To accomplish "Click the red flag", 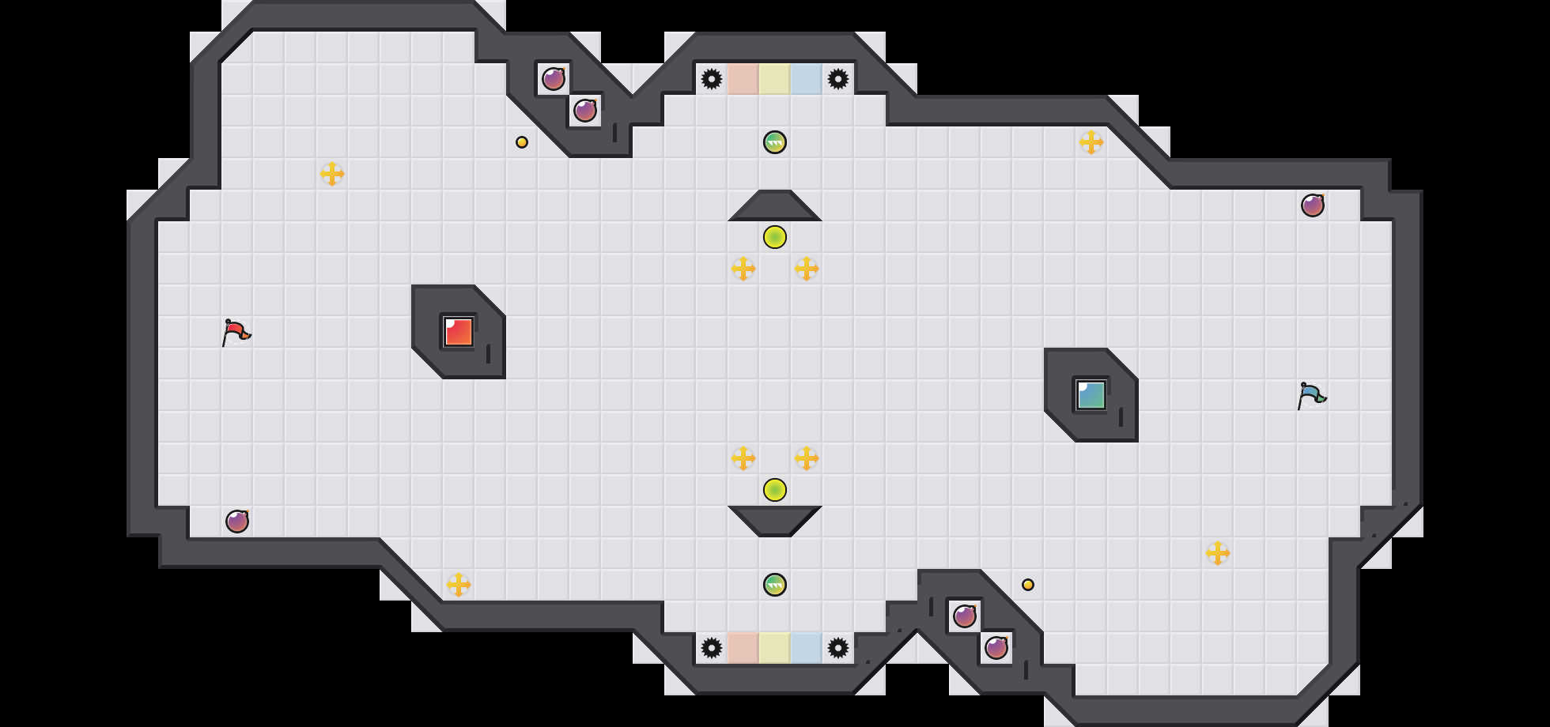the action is pos(236,332).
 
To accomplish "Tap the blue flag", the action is pos(1311,395).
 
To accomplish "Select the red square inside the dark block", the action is pos(459,332).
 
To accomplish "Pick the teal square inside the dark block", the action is pos(1091,395).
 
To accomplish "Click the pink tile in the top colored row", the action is pos(743,79).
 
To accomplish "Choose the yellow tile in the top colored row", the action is pos(775,79).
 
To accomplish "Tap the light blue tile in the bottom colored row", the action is pos(807,648).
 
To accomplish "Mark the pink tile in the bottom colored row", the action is pos(743,648).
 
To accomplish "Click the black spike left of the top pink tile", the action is pos(712,79).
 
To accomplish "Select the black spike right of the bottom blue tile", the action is pos(838,648).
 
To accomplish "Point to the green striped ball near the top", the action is pos(775,142).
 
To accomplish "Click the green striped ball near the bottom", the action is pos(775,585).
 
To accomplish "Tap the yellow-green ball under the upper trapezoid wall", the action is pos(775,237).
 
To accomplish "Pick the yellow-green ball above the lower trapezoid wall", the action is pos(775,490).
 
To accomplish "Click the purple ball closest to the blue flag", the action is pos(1313,205).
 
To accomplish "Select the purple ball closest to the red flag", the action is pos(237,522).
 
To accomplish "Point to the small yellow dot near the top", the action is pos(522,142).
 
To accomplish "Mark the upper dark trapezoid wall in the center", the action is pos(775,206).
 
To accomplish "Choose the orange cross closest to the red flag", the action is pos(332,174).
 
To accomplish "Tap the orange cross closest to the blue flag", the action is pos(1218,553).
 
